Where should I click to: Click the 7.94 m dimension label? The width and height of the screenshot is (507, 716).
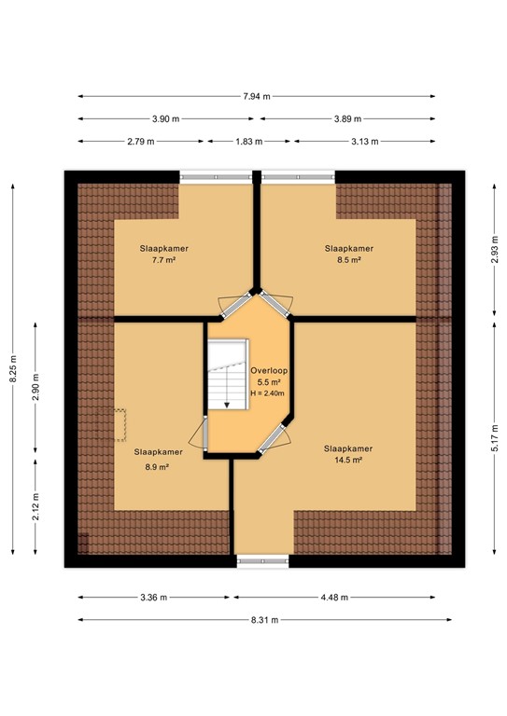pyautogui.click(x=256, y=96)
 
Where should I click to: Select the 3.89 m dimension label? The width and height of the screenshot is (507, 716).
pyautogui.click(x=347, y=118)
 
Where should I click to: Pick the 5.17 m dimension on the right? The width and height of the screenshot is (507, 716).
pyautogui.click(x=493, y=433)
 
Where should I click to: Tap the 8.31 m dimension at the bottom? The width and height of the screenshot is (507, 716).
pyautogui.click(x=265, y=620)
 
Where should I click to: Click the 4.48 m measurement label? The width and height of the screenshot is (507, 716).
pyautogui.click(x=342, y=598)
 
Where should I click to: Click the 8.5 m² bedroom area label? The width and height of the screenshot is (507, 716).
pyautogui.click(x=348, y=261)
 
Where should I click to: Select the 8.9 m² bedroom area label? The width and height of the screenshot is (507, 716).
pyautogui.click(x=155, y=467)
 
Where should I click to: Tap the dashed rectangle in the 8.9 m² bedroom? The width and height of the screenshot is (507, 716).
pyautogui.click(x=120, y=425)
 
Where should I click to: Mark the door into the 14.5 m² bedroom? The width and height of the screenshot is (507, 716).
pyautogui.click(x=274, y=438)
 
